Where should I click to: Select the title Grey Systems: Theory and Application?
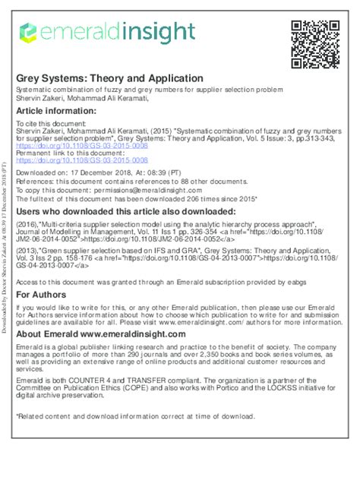110,78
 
